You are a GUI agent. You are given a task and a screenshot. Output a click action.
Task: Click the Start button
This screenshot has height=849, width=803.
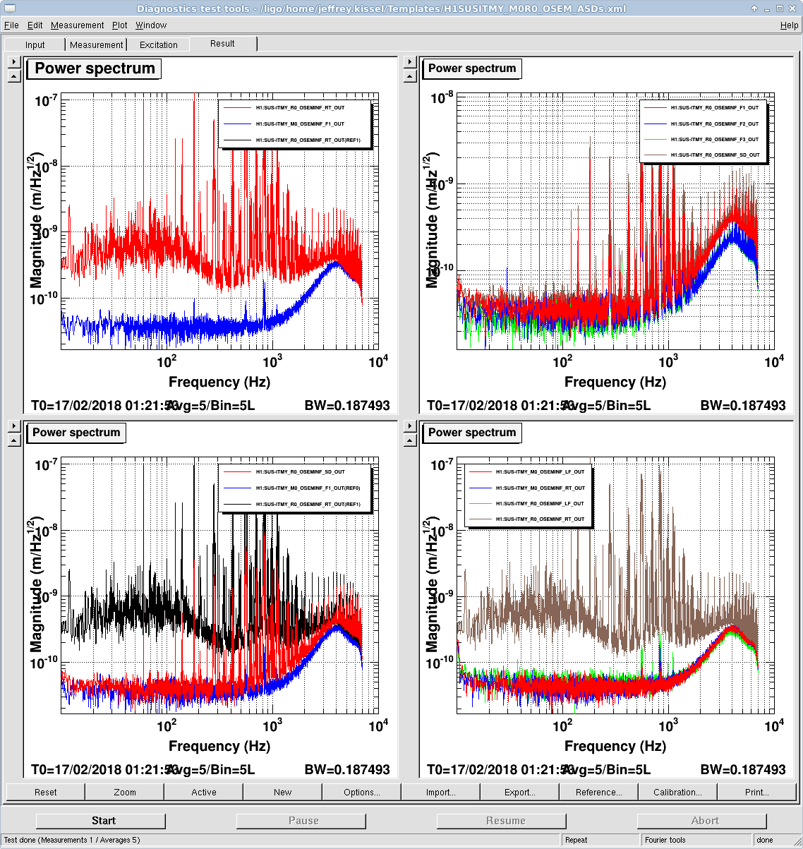[104, 821]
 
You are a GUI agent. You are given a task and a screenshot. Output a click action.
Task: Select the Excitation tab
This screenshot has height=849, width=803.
[159, 44]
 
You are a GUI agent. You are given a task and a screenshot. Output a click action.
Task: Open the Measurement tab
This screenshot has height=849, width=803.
[97, 44]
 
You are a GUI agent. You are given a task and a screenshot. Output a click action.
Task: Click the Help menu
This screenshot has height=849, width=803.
[789, 25]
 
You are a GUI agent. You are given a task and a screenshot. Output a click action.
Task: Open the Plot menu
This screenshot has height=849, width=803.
[120, 25]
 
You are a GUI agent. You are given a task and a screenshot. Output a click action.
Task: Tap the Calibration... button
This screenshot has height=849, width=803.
[677, 792]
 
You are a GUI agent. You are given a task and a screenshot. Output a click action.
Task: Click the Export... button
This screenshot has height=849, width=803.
[519, 792]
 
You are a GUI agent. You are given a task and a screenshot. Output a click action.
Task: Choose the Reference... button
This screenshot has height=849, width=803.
[598, 792]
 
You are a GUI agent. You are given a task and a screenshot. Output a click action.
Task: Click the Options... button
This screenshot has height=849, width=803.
[361, 792]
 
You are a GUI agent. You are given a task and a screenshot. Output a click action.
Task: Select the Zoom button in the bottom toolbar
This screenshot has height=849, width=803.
[125, 792]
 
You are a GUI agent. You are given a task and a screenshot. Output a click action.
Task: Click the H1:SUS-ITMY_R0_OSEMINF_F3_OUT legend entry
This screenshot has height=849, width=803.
[714, 140]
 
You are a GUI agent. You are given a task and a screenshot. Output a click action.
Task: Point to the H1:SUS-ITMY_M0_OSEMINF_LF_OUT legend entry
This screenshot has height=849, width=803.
[540, 471]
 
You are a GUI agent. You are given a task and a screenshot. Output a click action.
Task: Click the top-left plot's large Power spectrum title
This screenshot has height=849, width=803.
[95, 68]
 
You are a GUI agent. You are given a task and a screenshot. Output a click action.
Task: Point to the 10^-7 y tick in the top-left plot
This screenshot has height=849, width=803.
[46, 101]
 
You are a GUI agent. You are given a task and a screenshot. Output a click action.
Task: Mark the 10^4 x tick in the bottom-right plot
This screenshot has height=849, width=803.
[774, 725]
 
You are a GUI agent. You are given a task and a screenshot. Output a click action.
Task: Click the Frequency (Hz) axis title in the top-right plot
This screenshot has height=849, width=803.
[615, 382]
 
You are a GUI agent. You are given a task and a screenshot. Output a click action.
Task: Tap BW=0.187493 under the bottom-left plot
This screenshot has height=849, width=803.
[346, 769]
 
